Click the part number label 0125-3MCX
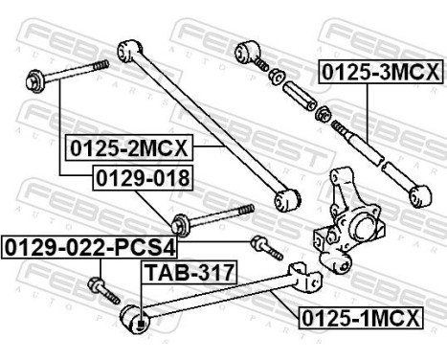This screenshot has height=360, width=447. click(x=381, y=72)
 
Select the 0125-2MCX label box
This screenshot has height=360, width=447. click(x=128, y=148)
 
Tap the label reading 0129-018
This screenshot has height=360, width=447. click(x=141, y=177)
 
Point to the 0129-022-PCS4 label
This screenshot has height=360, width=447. click(x=90, y=247)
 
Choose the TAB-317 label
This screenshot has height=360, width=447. click(x=190, y=273)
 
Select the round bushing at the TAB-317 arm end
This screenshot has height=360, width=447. click(x=136, y=319)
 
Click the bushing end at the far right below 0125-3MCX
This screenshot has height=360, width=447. click(x=418, y=196)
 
